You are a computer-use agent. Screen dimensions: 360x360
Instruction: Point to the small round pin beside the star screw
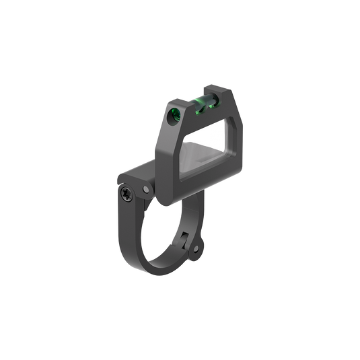point(144,192)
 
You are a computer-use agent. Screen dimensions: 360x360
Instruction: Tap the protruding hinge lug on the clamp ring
point(196,246)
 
